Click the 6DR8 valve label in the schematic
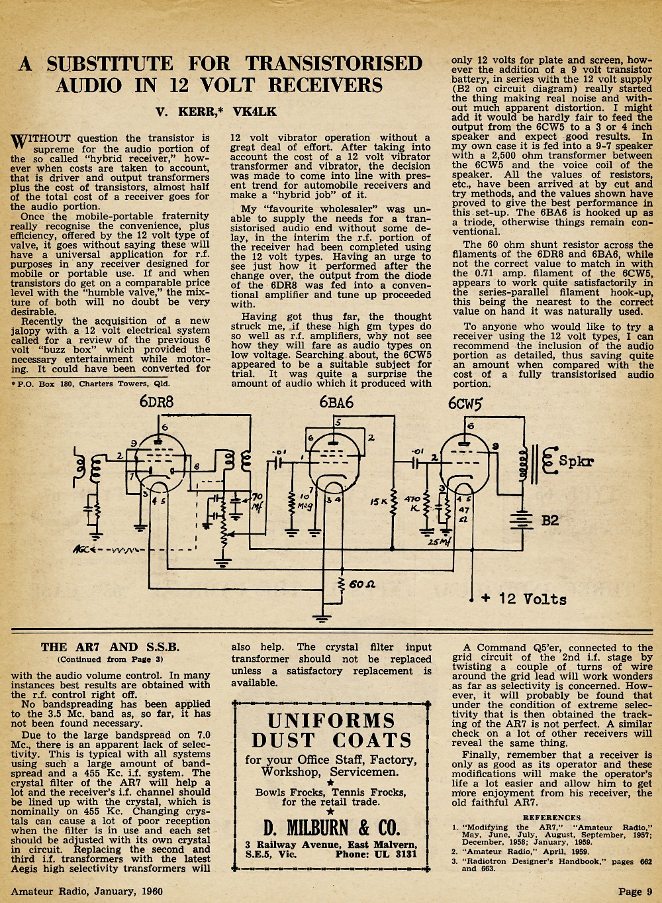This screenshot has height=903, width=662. click(156, 401)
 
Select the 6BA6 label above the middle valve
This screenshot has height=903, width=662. click(336, 402)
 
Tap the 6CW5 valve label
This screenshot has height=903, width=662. click(465, 403)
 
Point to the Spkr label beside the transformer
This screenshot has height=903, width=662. click(576, 460)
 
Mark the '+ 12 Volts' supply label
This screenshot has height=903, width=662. click(524, 599)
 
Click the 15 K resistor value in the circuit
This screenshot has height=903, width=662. click(379, 502)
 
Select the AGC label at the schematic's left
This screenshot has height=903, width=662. click(83, 549)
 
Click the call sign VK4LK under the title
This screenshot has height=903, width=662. click(255, 111)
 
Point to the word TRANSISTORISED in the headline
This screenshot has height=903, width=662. click(334, 64)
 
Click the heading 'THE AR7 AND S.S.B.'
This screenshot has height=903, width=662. click(110, 647)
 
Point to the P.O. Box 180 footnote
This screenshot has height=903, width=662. click(90, 384)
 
